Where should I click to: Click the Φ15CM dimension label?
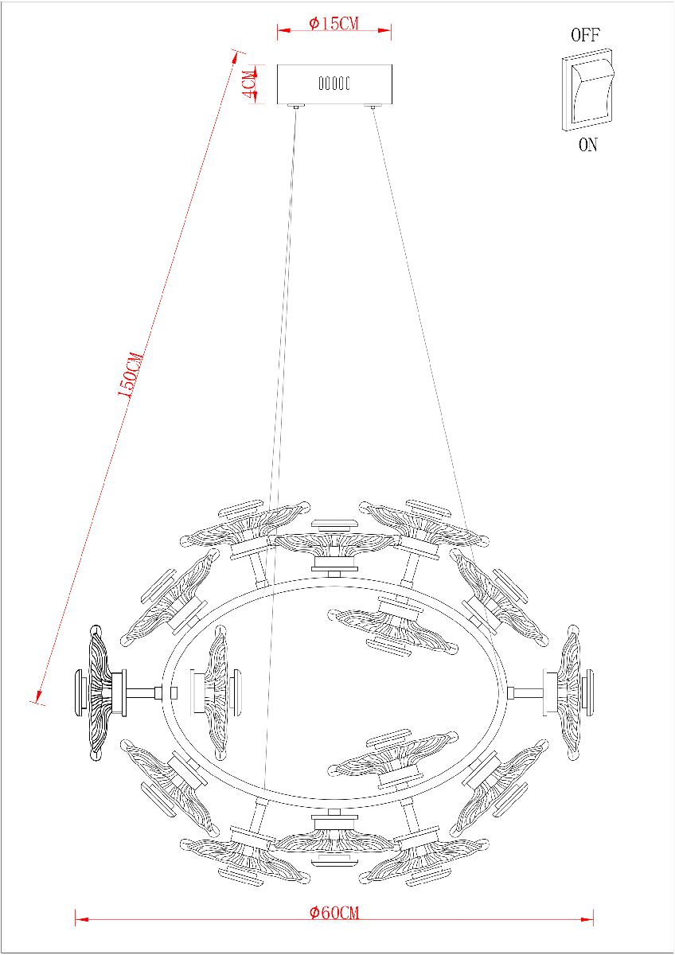coord(334,23)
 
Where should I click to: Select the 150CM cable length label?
coord(131,376)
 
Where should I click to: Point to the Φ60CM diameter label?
coord(334,912)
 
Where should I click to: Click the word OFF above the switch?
coord(585,35)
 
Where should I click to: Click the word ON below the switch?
coord(587,146)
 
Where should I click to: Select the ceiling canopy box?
coord(334,84)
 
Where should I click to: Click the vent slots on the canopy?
coord(334,83)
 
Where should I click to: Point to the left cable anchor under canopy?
coord(296,106)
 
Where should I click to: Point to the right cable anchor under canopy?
coord(372,106)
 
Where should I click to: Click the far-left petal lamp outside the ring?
coord(99,692)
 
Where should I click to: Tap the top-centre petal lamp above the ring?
coord(334,541)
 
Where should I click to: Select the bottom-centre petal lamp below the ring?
coord(334,840)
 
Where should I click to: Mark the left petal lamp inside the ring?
coord(215,690)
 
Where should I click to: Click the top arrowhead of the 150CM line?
coord(236,54)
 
